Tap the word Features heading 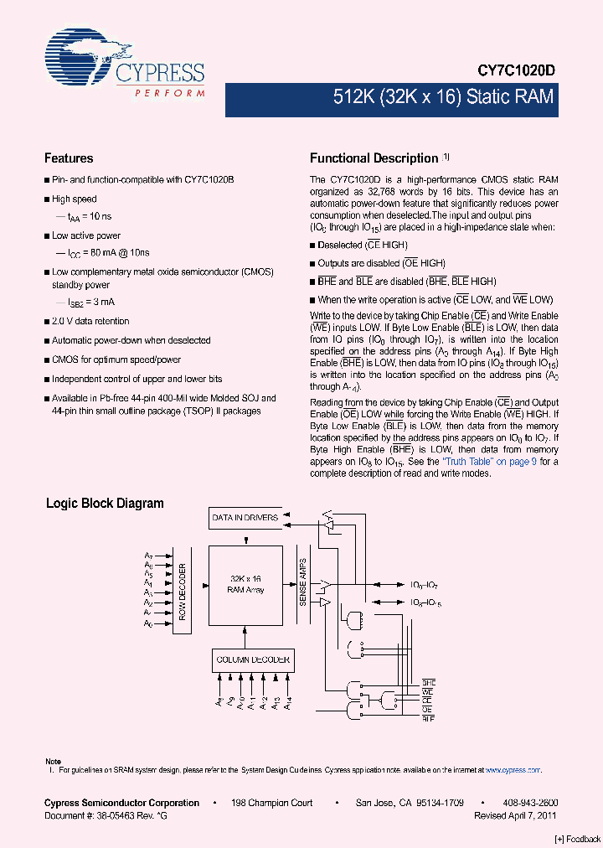point(69,158)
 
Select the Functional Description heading point(374,158)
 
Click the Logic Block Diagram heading point(105,504)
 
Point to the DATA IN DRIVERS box point(245,518)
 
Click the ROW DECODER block point(183,590)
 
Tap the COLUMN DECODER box point(253,659)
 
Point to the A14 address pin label point(288,705)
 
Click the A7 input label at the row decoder point(148,556)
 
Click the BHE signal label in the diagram point(428,684)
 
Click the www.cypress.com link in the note point(512,769)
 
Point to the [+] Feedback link point(578,839)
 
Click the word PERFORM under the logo point(170,92)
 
